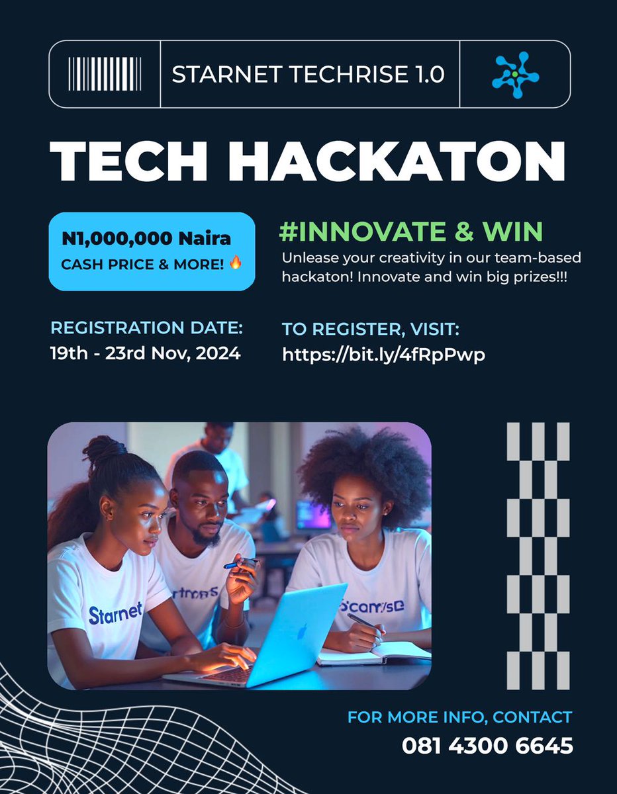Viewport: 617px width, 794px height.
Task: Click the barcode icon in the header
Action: [104, 74]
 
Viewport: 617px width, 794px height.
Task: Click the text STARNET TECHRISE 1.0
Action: [308, 74]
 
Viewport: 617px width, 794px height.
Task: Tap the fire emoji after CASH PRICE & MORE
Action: [235, 263]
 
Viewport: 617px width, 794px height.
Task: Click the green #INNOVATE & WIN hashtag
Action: [412, 231]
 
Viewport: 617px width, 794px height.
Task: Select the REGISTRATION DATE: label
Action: [146, 328]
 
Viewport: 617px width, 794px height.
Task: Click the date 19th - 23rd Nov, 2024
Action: [145, 353]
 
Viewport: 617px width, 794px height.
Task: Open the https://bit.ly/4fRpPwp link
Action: [383, 355]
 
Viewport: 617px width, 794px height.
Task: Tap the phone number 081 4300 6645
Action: [487, 746]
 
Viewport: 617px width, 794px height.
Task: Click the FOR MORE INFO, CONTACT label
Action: [459, 717]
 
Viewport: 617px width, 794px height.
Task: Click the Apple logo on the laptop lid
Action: [303, 632]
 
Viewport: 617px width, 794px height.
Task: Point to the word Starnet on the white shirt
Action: [115, 613]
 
